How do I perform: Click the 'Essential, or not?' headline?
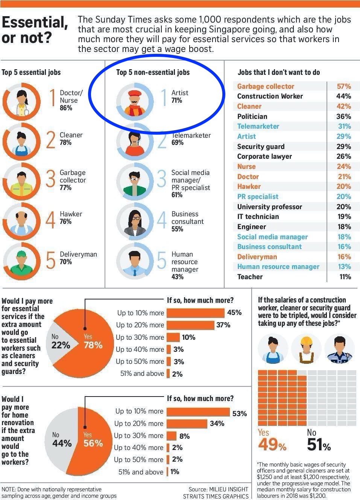[x=35, y=30]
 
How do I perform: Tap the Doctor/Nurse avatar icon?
[x=21, y=102]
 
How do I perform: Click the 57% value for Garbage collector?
[x=344, y=86]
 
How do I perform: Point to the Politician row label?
[x=252, y=116]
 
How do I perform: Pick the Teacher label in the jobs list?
[x=250, y=277]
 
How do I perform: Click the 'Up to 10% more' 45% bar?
[x=196, y=313]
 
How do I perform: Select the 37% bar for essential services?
[x=190, y=325]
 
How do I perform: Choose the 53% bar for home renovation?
[x=198, y=412]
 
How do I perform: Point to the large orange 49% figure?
[x=272, y=444]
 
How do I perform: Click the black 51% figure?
[x=319, y=444]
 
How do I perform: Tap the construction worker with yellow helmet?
[x=306, y=349]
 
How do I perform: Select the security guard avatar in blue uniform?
[x=339, y=349]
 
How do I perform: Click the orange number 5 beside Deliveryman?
[x=50, y=260]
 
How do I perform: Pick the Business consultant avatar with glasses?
[x=135, y=221]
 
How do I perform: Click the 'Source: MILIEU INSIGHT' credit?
[x=218, y=489]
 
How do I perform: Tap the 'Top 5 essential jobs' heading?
[x=31, y=72]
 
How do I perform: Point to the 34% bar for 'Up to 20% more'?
[x=187, y=424]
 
